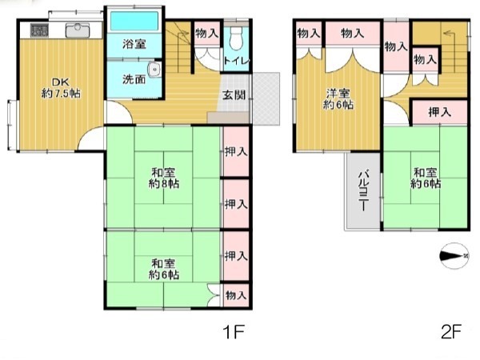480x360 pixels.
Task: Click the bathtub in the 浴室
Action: pos(134,21)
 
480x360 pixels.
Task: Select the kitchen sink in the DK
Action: pos(78,30)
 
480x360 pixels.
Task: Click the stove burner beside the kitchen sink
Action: pos(39,30)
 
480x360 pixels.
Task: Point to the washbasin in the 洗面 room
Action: pos(154,70)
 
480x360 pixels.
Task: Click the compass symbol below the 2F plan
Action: pos(454,256)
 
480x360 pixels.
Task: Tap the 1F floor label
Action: pos(234,332)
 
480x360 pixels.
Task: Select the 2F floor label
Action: pos(451,331)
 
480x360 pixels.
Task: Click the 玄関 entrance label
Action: pos(234,95)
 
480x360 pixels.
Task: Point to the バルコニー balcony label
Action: pos(363,190)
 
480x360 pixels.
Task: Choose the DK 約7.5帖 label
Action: pos(61,88)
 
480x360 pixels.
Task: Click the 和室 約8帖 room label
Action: pos(164,178)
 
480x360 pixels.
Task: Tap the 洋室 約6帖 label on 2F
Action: pos(338,99)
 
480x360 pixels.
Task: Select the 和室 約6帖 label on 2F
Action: pos(426,178)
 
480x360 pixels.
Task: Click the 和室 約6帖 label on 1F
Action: pos(164,269)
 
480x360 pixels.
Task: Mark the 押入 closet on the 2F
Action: pos(440,112)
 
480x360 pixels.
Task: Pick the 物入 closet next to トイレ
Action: pos(207,33)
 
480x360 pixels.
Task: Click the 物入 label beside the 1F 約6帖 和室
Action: pos(236,295)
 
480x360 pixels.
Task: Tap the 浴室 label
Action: pos(134,44)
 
